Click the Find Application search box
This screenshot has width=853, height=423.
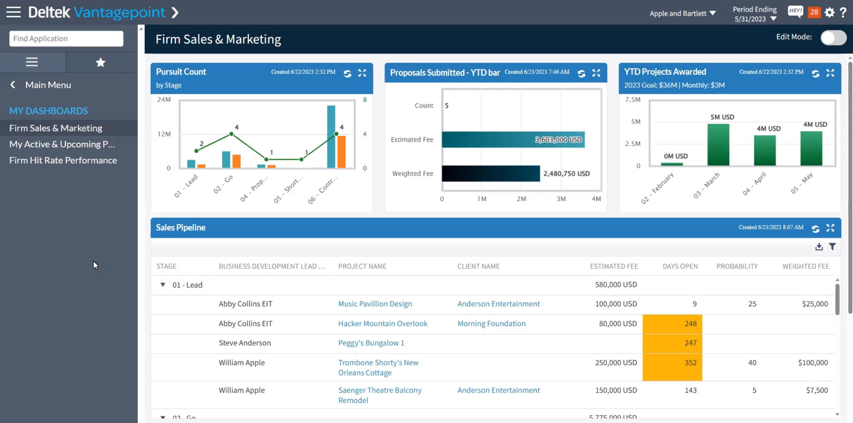(66, 38)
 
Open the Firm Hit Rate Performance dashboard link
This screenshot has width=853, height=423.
(63, 160)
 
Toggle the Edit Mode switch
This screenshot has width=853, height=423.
(833, 38)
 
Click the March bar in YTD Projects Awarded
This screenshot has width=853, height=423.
(718, 144)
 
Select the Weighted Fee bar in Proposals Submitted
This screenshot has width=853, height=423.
(490, 173)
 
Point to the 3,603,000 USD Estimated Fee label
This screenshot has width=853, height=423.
(558, 140)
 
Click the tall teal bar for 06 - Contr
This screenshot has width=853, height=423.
(331, 137)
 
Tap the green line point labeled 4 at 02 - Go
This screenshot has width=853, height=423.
(231, 134)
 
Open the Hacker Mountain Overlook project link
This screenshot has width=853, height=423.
(382, 323)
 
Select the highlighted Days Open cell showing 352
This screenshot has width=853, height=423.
(672, 363)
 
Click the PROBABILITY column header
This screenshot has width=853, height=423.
(737, 266)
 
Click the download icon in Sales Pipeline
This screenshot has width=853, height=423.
(819, 247)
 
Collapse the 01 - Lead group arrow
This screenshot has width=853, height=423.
(163, 284)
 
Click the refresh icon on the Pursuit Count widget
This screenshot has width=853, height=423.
(347, 74)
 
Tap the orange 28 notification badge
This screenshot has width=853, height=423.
(814, 13)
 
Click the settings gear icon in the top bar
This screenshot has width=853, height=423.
(829, 13)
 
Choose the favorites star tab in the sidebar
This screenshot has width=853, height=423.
(100, 62)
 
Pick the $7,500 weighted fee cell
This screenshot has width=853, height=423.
(816, 390)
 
